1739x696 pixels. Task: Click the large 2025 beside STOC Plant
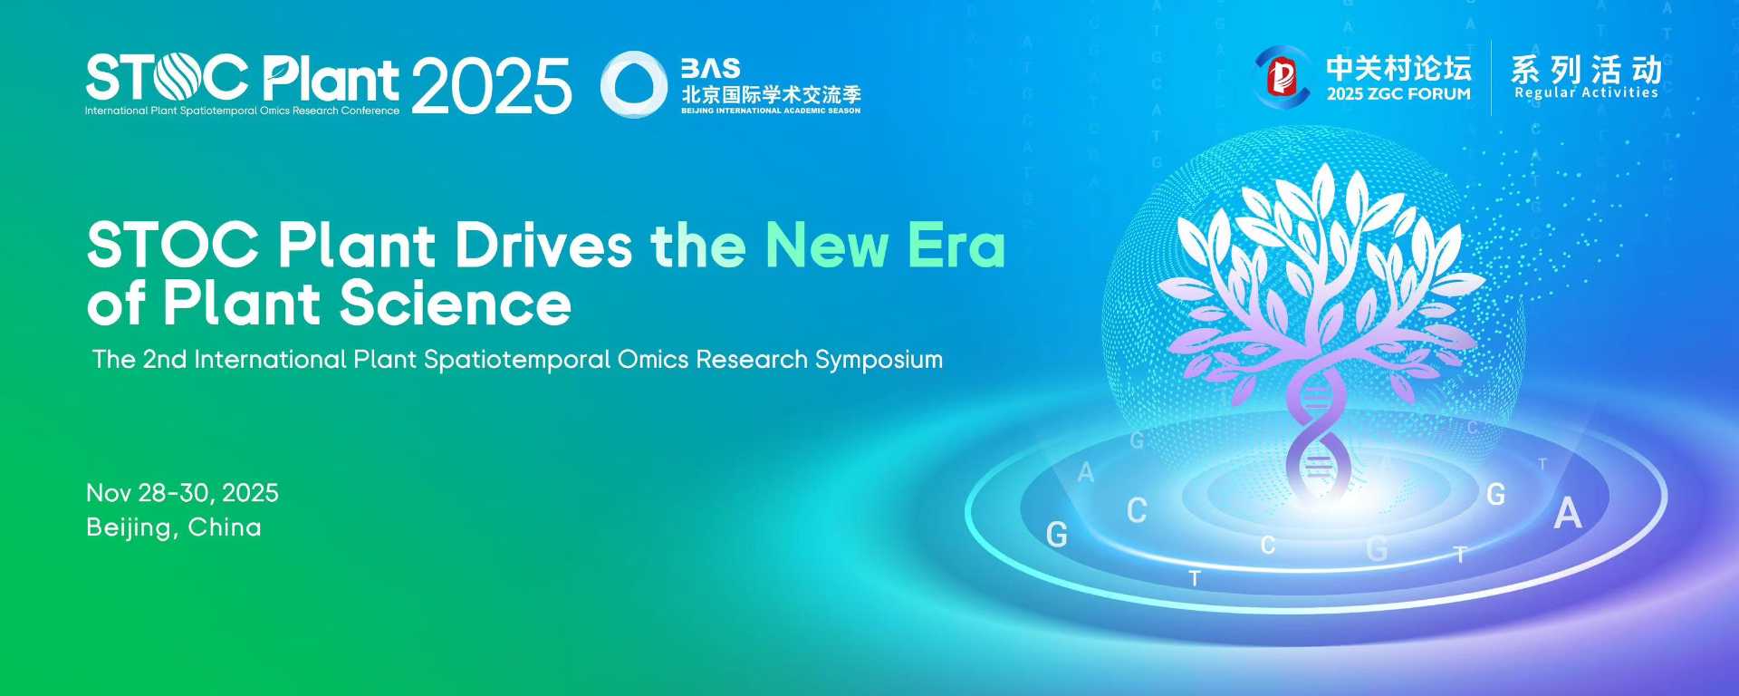(492, 86)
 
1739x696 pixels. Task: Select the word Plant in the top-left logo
(331, 78)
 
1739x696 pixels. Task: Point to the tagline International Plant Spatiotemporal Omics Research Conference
(242, 111)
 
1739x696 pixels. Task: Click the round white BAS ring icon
(634, 84)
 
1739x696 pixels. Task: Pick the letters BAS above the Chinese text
(711, 69)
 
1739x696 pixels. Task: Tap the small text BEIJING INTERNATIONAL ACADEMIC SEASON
(771, 111)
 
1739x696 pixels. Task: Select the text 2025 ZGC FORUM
(1398, 94)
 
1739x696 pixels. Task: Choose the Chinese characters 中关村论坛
(1398, 68)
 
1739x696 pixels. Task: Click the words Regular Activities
(1586, 92)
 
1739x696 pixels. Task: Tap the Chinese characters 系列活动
(1586, 69)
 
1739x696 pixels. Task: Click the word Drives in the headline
(543, 246)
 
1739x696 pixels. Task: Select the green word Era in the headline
(956, 246)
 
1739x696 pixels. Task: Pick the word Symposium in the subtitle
(879, 361)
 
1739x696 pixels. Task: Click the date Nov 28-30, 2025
(182, 493)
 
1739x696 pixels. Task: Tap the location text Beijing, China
(174, 527)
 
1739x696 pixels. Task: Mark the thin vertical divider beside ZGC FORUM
(1491, 77)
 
